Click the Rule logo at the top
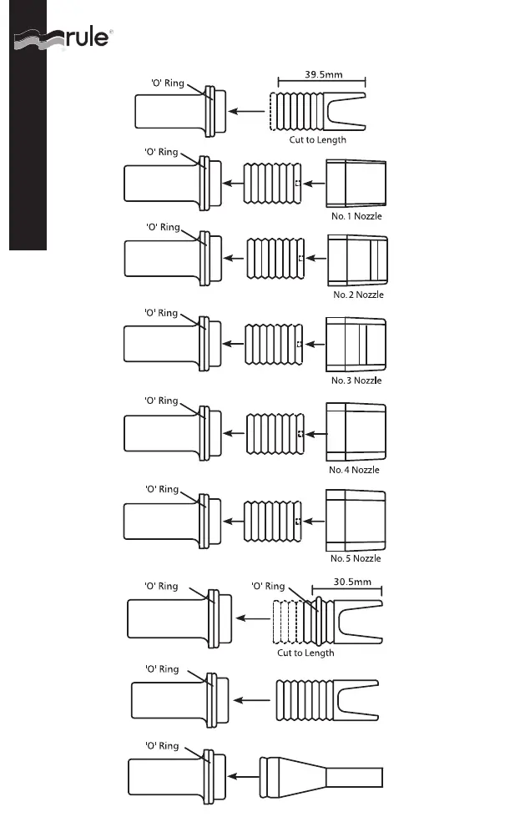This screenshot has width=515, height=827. point(62,40)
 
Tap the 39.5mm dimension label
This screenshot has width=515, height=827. point(323,75)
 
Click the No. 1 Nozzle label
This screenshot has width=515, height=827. point(356,217)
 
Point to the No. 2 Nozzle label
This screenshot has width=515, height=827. point(358,295)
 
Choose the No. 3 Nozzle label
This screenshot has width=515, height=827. point(356,381)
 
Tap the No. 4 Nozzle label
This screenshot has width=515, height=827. point(354,470)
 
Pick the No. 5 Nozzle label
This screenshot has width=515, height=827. point(356,558)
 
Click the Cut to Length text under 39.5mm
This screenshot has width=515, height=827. point(318,140)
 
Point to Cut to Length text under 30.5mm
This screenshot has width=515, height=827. point(305,653)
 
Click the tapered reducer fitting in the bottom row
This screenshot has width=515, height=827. point(321,776)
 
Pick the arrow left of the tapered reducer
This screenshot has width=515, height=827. point(243,776)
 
